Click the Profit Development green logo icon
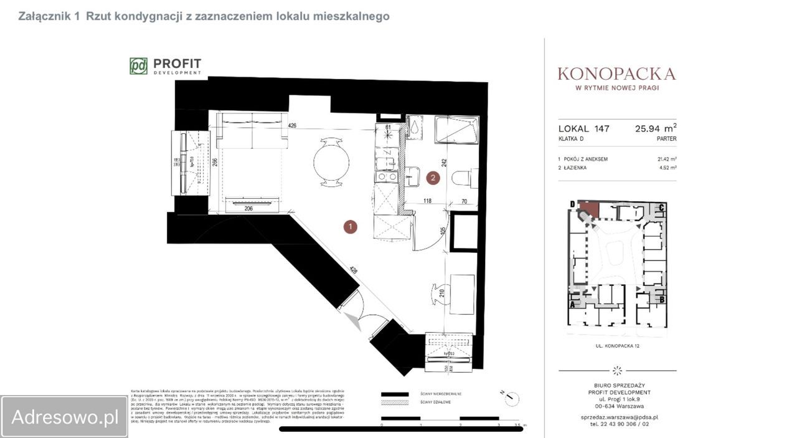[x=138, y=66]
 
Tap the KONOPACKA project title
[x=616, y=74]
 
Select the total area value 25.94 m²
[x=655, y=129]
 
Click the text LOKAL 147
[x=583, y=129]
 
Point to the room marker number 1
[x=351, y=227]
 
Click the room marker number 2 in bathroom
[x=433, y=178]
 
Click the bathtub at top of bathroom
[x=456, y=130]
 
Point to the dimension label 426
[x=292, y=126]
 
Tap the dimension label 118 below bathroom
[x=428, y=201]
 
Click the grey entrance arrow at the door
[x=353, y=321]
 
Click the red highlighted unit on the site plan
[x=588, y=210]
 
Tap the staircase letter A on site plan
[x=573, y=305]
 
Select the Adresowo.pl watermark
[x=65, y=417]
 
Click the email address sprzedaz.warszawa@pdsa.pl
[x=616, y=417]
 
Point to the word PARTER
[x=666, y=139]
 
